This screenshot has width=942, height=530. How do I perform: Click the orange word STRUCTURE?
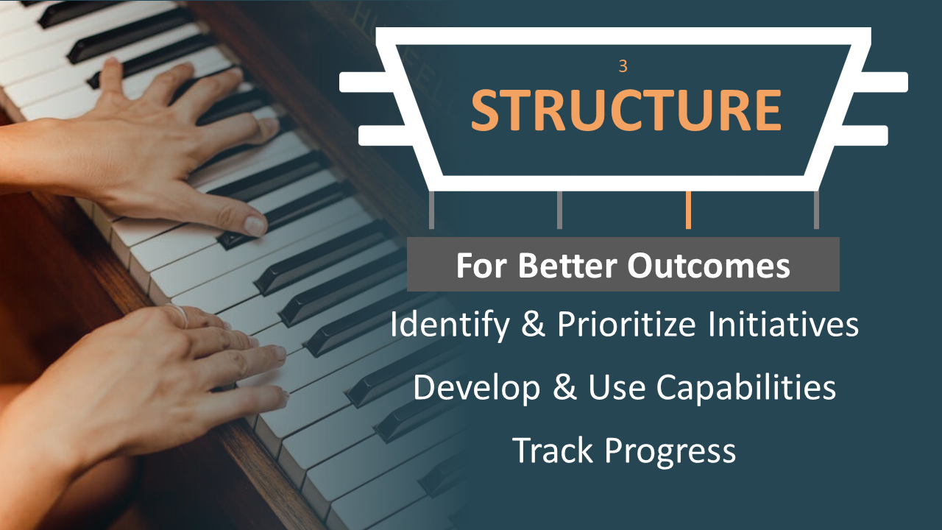click(626, 110)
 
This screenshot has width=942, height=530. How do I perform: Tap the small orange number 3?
click(623, 66)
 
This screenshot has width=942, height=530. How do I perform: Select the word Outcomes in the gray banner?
click(709, 266)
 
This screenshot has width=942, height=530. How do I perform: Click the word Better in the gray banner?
click(567, 266)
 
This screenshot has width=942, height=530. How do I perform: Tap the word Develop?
click(476, 388)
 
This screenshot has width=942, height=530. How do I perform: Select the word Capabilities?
click(746, 388)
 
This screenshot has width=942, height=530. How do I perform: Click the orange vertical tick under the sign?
click(688, 210)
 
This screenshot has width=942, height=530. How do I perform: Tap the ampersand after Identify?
click(534, 324)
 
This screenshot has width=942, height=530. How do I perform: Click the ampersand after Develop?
click(564, 386)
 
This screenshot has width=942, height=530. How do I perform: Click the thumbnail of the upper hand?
click(255, 225)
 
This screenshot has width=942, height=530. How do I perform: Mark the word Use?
click(617, 387)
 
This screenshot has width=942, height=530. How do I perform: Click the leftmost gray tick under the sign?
click(431, 210)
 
